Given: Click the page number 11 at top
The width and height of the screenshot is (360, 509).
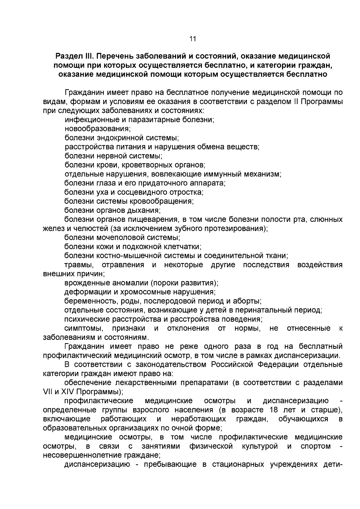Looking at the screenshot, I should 193,39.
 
